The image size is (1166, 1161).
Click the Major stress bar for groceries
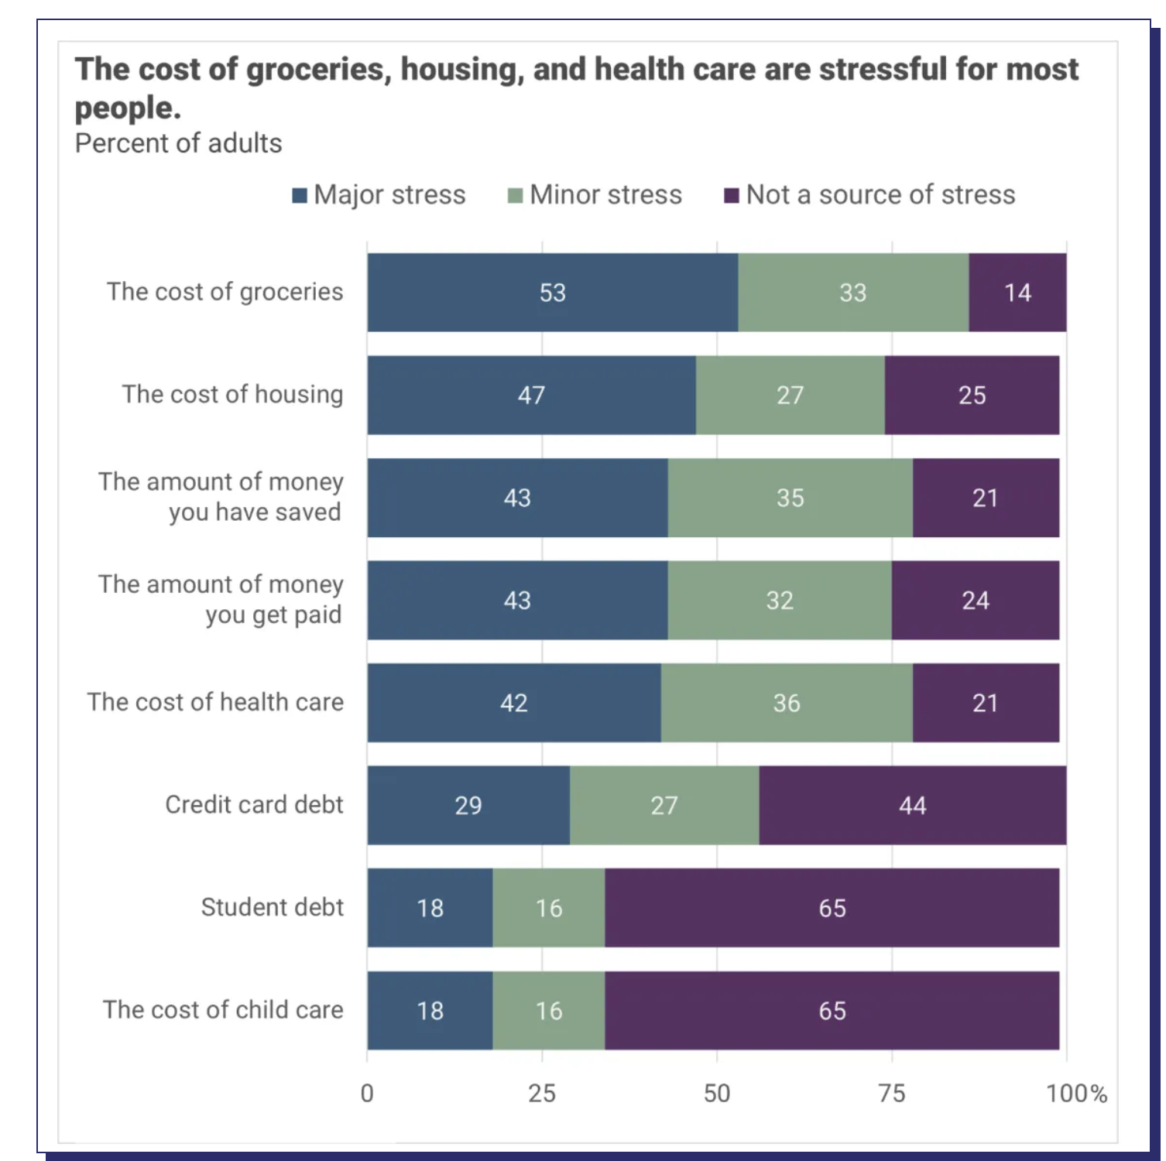coord(552,293)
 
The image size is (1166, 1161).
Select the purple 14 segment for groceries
coord(1017,293)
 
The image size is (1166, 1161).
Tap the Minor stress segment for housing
coord(790,395)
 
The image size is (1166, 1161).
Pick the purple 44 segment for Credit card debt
coord(912,805)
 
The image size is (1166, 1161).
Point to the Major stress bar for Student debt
coord(430,907)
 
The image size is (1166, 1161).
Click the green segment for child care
coord(548,1010)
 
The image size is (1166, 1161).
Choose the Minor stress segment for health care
coord(786,703)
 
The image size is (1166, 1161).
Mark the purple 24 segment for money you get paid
coord(975,600)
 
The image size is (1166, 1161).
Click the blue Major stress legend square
coord(300,195)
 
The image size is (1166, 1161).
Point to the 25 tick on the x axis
coord(542,1093)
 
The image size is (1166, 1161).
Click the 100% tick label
coord(1075,1093)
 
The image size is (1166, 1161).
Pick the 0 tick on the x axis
coord(367,1093)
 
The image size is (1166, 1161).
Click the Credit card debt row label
coord(254,804)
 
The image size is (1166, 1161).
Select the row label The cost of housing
coord(232,394)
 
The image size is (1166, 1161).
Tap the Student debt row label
coord(272,906)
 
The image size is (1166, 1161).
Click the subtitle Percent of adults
coord(178,143)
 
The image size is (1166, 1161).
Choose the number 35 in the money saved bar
coord(790,498)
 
